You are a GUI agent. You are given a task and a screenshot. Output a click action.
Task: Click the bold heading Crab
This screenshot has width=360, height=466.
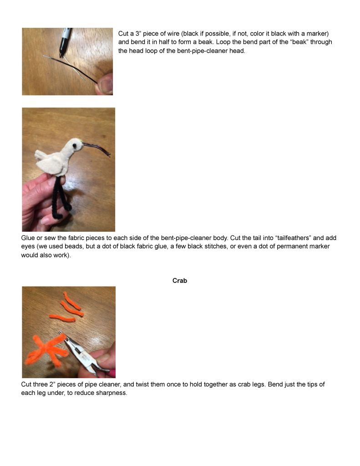180,281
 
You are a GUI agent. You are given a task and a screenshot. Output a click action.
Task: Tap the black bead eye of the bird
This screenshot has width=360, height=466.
74,146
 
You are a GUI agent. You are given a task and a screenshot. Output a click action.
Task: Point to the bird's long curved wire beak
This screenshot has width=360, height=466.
96,149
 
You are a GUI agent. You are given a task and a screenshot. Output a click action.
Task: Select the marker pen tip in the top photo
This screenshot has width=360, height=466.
61,55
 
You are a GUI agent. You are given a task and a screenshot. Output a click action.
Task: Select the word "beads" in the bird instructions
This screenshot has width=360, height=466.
74,246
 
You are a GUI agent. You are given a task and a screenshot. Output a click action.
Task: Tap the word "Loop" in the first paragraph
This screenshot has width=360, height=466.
223,42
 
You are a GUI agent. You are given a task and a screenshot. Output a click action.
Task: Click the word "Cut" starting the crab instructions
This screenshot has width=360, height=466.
26,384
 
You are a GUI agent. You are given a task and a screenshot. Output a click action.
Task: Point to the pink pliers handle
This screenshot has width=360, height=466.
112,372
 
